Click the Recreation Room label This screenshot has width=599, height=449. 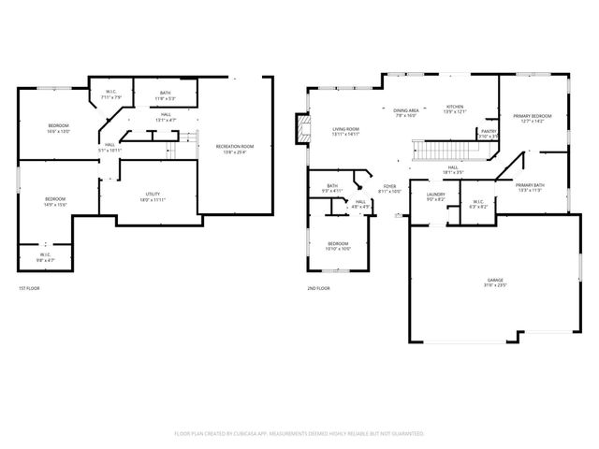[x=235, y=147]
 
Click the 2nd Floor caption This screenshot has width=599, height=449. [x=319, y=288]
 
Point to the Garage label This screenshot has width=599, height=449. [x=494, y=280]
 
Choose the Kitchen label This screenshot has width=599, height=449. [x=455, y=107]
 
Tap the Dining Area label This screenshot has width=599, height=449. [x=405, y=110]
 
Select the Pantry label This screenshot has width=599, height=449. [x=489, y=132]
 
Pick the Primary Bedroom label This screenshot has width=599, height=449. [x=533, y=116]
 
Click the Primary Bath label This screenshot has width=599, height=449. [x=530, y=185]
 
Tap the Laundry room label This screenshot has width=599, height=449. [x=436, y=195]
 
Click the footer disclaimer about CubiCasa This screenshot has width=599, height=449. [x=299, y=433]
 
